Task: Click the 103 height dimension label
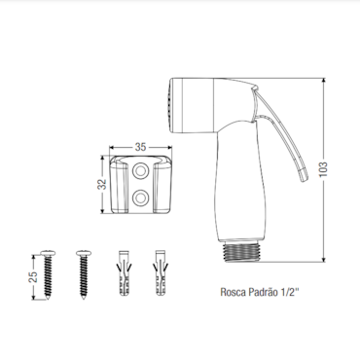(x=323, y=169)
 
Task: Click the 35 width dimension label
(x=140, y=147)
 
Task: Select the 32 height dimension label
(x=103, y=184)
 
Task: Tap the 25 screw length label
(x=33, y=276)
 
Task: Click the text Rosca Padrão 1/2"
(x=259, y=292)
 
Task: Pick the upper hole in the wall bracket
(x=141, y=171)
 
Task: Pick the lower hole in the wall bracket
(x=141, y=198)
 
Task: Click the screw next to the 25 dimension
(x=49, y=274)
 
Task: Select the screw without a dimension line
(x=84, y=274)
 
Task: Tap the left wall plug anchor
(x=124, y=272)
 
